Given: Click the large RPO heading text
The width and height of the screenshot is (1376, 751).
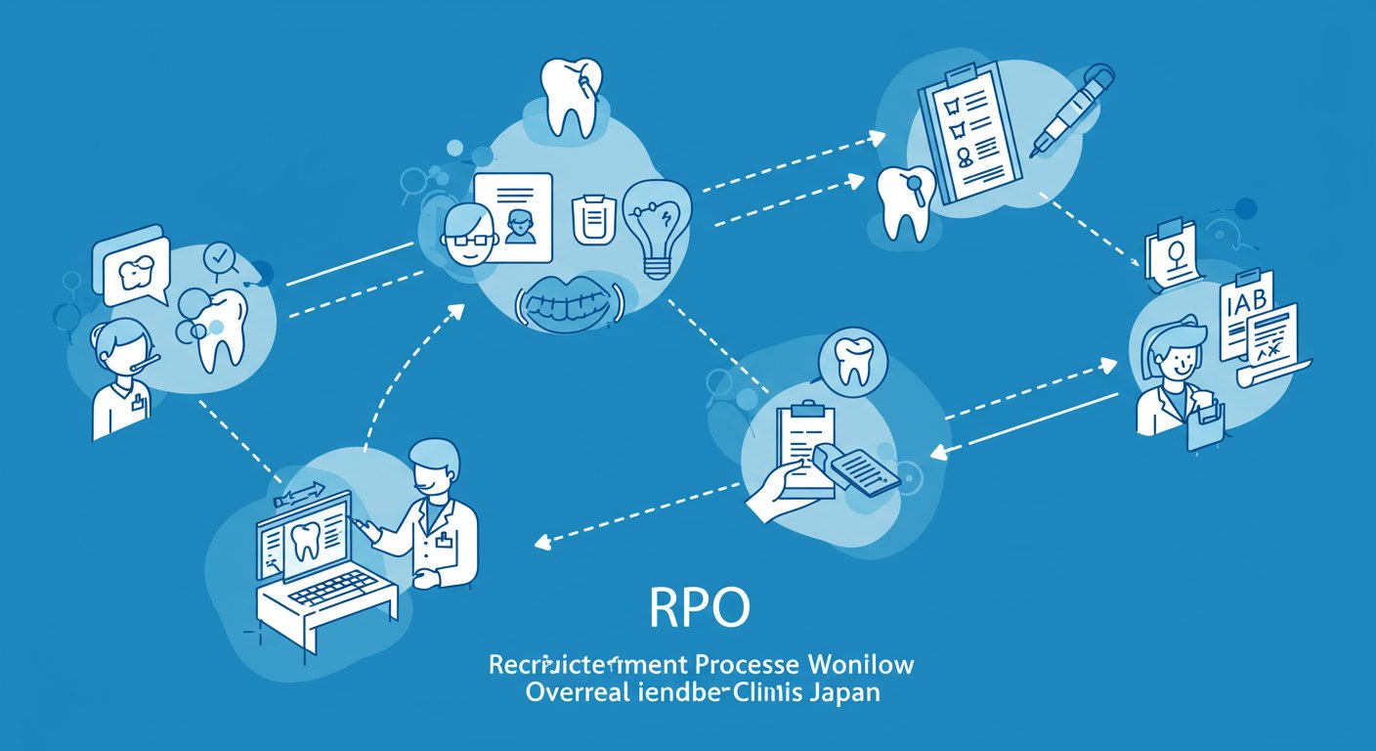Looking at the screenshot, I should (700, 608).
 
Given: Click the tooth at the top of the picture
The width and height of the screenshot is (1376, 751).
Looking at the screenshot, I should (573, 96).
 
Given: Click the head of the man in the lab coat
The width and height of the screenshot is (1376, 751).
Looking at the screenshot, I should (430, 467).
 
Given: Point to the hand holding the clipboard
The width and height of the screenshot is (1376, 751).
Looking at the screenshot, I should (777, 495).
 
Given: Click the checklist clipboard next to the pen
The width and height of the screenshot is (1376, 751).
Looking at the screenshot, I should (967, 132).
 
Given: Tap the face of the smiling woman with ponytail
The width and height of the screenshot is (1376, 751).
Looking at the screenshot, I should (1172, 352).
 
